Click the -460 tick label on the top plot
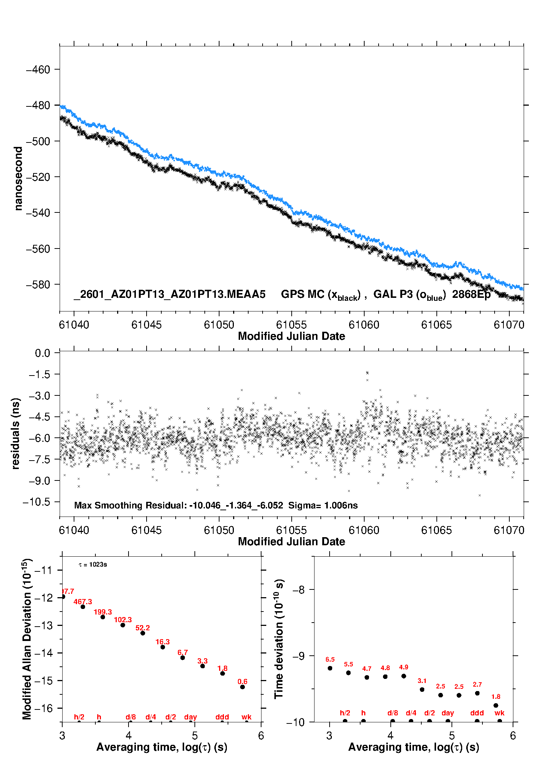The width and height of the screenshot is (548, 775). (38, 70)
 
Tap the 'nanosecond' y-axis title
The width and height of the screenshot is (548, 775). (18, 179)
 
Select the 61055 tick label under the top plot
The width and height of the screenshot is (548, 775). (291, 325)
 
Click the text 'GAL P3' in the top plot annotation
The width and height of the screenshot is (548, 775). (389, 294)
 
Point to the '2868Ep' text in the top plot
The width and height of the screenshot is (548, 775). (471, 295)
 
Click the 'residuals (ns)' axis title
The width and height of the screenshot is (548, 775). (15, 433)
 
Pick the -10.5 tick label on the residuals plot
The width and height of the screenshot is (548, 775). (36, 502)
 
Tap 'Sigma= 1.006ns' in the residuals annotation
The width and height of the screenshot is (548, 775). (323, 505)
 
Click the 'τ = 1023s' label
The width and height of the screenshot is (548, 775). (93, 565)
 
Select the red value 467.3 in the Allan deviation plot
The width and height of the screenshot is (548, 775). (83, 602)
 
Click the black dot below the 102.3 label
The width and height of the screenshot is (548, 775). (123, 625)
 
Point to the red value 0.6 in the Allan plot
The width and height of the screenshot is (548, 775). (242, 682)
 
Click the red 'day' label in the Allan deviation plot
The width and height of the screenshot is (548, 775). (190, 717)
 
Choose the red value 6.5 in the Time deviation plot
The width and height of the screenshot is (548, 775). (330, 660)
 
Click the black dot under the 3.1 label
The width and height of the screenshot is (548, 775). (422, 690)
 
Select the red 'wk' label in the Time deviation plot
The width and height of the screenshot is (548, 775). (499, 713)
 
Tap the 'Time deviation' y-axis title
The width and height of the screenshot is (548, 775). (279, 639)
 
